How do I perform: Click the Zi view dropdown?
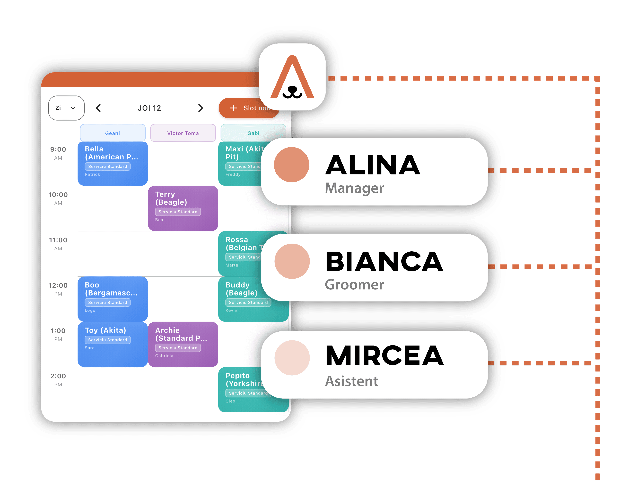click(x=66, y=108)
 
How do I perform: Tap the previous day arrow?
click(x=98, y=108)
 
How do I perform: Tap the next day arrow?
click(x=200, y=108)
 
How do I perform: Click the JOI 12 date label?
click(x=149, y=108)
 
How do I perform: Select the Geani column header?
click(x=112, y=133)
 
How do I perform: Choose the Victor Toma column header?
click(x=183, y=133)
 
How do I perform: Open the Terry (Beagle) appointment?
click(x=183, y=208)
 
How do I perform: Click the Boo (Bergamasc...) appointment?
click(x=112, y=299)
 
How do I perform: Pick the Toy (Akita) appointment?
click(x=112, y=344)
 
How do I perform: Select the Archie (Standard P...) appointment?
click(x=183, y=344)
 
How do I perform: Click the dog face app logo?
click(x=292, y=77)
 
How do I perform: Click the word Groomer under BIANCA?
click(x=354, y=285)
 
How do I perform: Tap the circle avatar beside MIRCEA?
click(x=292, y=358)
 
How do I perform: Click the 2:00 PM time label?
click(x=58, y=380)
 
